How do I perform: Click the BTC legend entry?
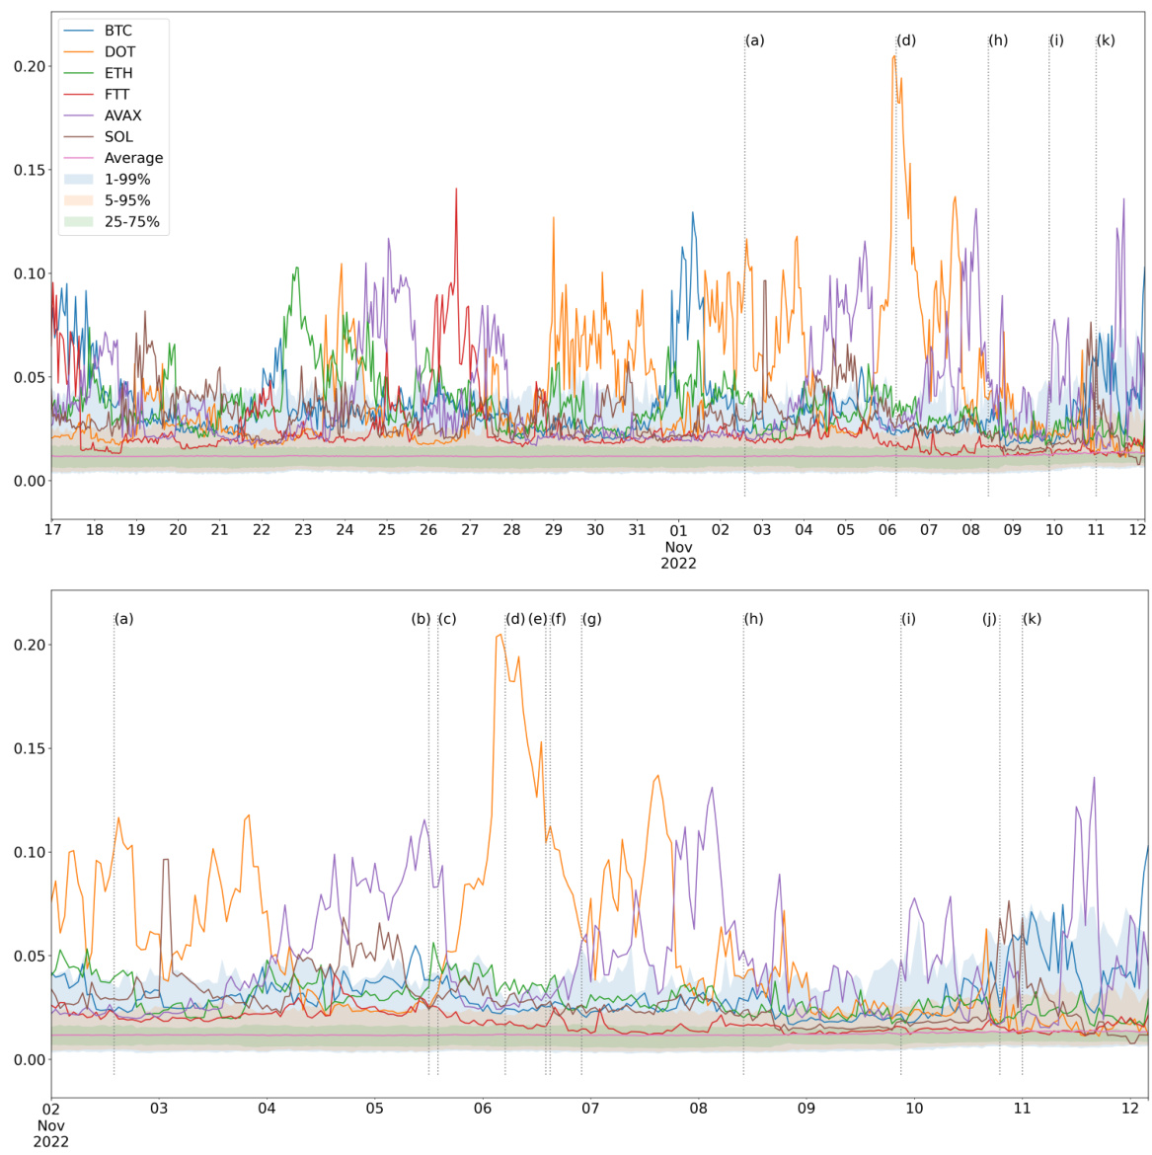point(117,31)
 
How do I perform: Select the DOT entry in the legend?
point(119,52)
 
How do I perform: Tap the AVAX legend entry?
point(122,115)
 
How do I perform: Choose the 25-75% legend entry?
point(131,222)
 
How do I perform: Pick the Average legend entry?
point(133,158)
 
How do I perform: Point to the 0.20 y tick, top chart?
point(29,66)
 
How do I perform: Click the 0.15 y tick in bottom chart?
point(29,748)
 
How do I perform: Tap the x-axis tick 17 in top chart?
point(52,530)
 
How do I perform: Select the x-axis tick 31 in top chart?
point(637,530)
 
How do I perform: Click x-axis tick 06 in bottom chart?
point(483,1109)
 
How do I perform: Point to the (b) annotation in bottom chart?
point(421,619)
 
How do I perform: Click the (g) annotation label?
point(591,619)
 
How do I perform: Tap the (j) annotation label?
point(989,619)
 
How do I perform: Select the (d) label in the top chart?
point(906,40)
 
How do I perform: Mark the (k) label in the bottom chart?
point(1032,619)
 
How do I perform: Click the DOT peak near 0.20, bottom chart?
point(499,636)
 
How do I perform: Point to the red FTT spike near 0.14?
point(456,189)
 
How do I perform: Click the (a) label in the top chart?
point(755,40)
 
